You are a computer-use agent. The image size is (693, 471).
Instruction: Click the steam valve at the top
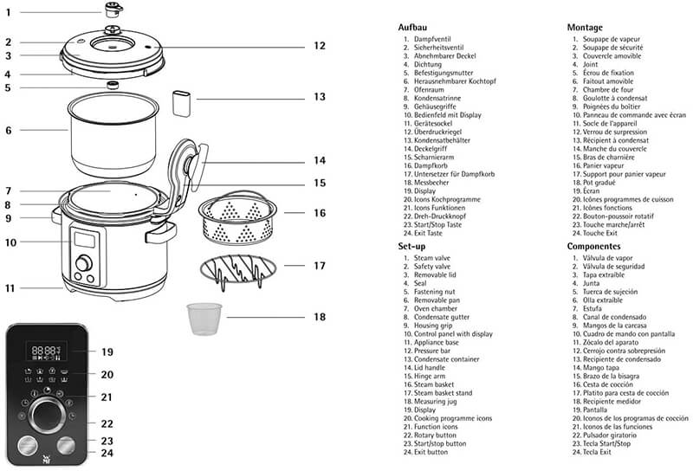[x=112, y=10]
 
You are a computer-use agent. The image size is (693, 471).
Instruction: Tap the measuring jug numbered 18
[x=204, y=318]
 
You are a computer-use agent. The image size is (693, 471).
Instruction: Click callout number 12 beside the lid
[x=320, y=45]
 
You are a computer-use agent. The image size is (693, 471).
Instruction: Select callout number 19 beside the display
[x=107, y=352]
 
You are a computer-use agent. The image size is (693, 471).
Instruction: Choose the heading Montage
[x=585, y=28]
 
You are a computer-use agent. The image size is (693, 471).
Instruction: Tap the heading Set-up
[x=413, y=246]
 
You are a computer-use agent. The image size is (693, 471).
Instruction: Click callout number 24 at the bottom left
[x=107, y=452]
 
